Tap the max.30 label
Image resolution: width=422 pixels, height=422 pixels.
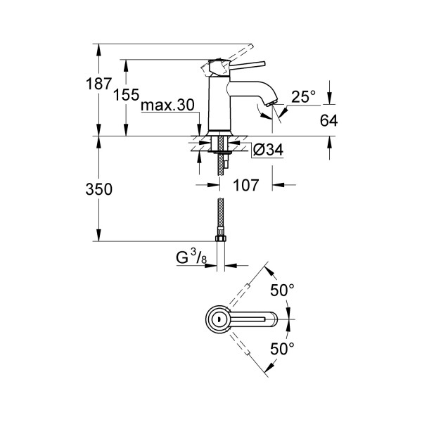pyautogui.click(x=167, y=105)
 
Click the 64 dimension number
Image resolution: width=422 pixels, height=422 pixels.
pyautogui.click(x=328, y=120)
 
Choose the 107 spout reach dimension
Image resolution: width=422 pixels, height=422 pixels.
pyautogui.click(x=244, y=186)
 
